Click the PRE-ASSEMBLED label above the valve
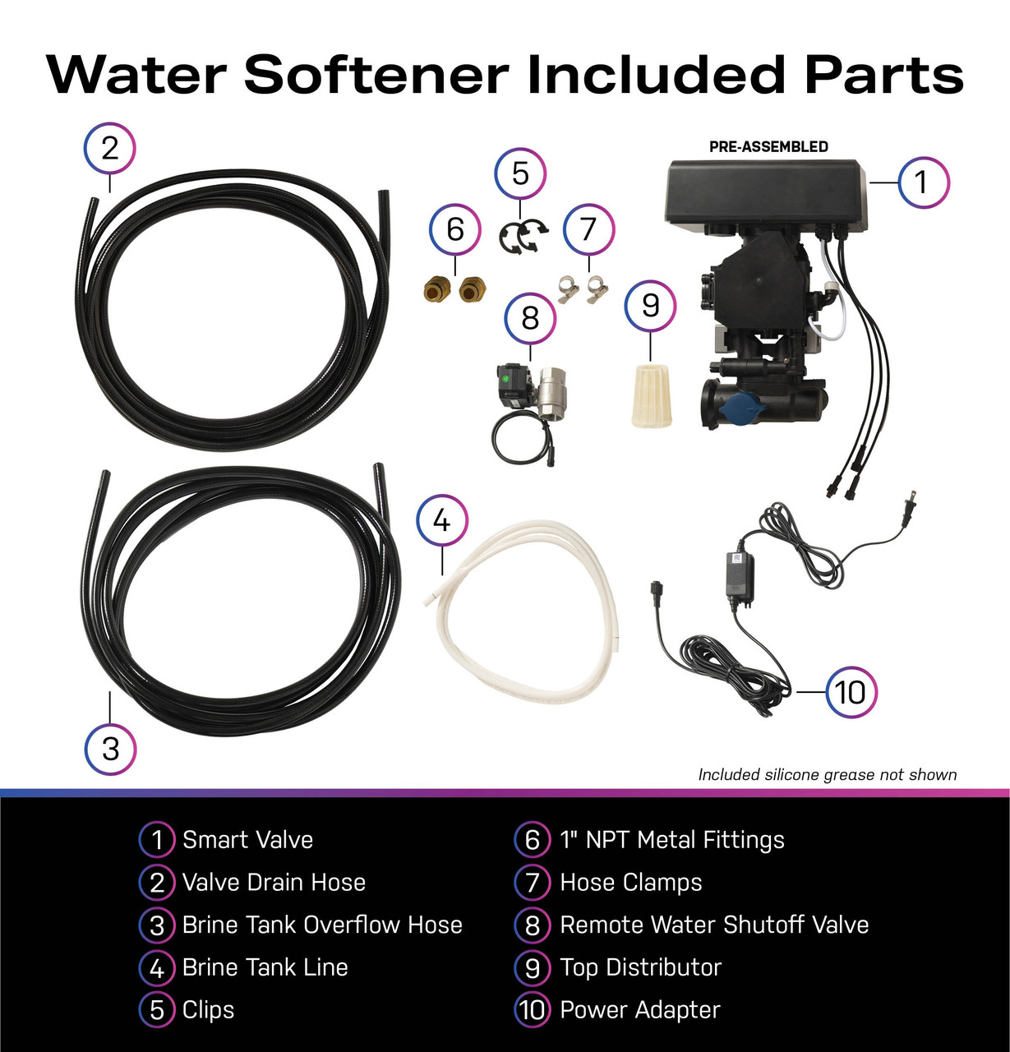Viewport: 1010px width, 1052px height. (768, 147)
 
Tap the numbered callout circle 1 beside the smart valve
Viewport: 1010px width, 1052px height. (923, 182)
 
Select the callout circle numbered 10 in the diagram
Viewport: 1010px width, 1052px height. (851, 692)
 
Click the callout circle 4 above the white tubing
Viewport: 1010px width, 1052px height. (442, 521)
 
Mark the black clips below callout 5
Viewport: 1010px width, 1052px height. (522, 237)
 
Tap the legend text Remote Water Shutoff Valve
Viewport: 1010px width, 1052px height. (713, 925)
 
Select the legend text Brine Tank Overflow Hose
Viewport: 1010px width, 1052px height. (322, 925)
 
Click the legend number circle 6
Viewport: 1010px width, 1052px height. (532, 840)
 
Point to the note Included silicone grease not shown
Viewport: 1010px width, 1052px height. (827, 774)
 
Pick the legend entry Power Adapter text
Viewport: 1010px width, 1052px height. (639, 1010)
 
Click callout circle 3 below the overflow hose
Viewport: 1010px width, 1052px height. (110, 749)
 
